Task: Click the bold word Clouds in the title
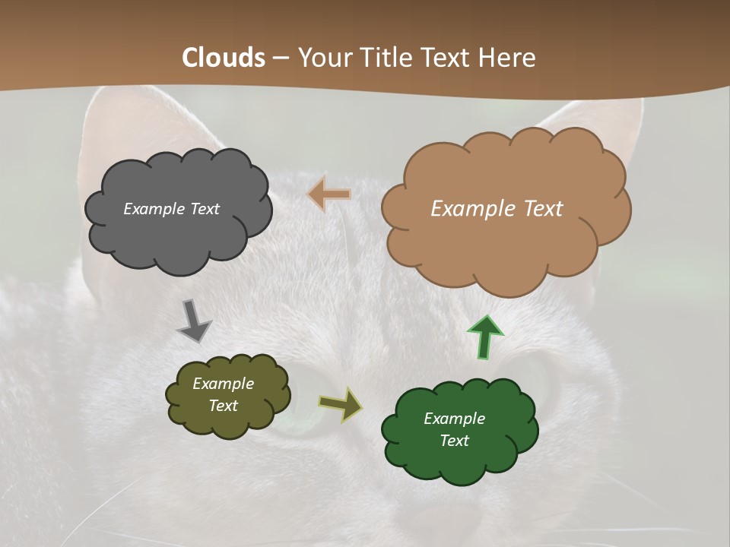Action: (224, 58)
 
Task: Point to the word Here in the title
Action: (508, 58)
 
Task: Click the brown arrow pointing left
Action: (328, 194)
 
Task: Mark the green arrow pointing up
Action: (485, 337)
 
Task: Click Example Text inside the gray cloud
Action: (171, 209)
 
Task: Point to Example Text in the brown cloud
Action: (497, 209)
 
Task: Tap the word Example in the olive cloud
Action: (223, 384)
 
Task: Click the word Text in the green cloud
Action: (454, 441)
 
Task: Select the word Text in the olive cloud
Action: (223, 406)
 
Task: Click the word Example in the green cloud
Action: (454, 419)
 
